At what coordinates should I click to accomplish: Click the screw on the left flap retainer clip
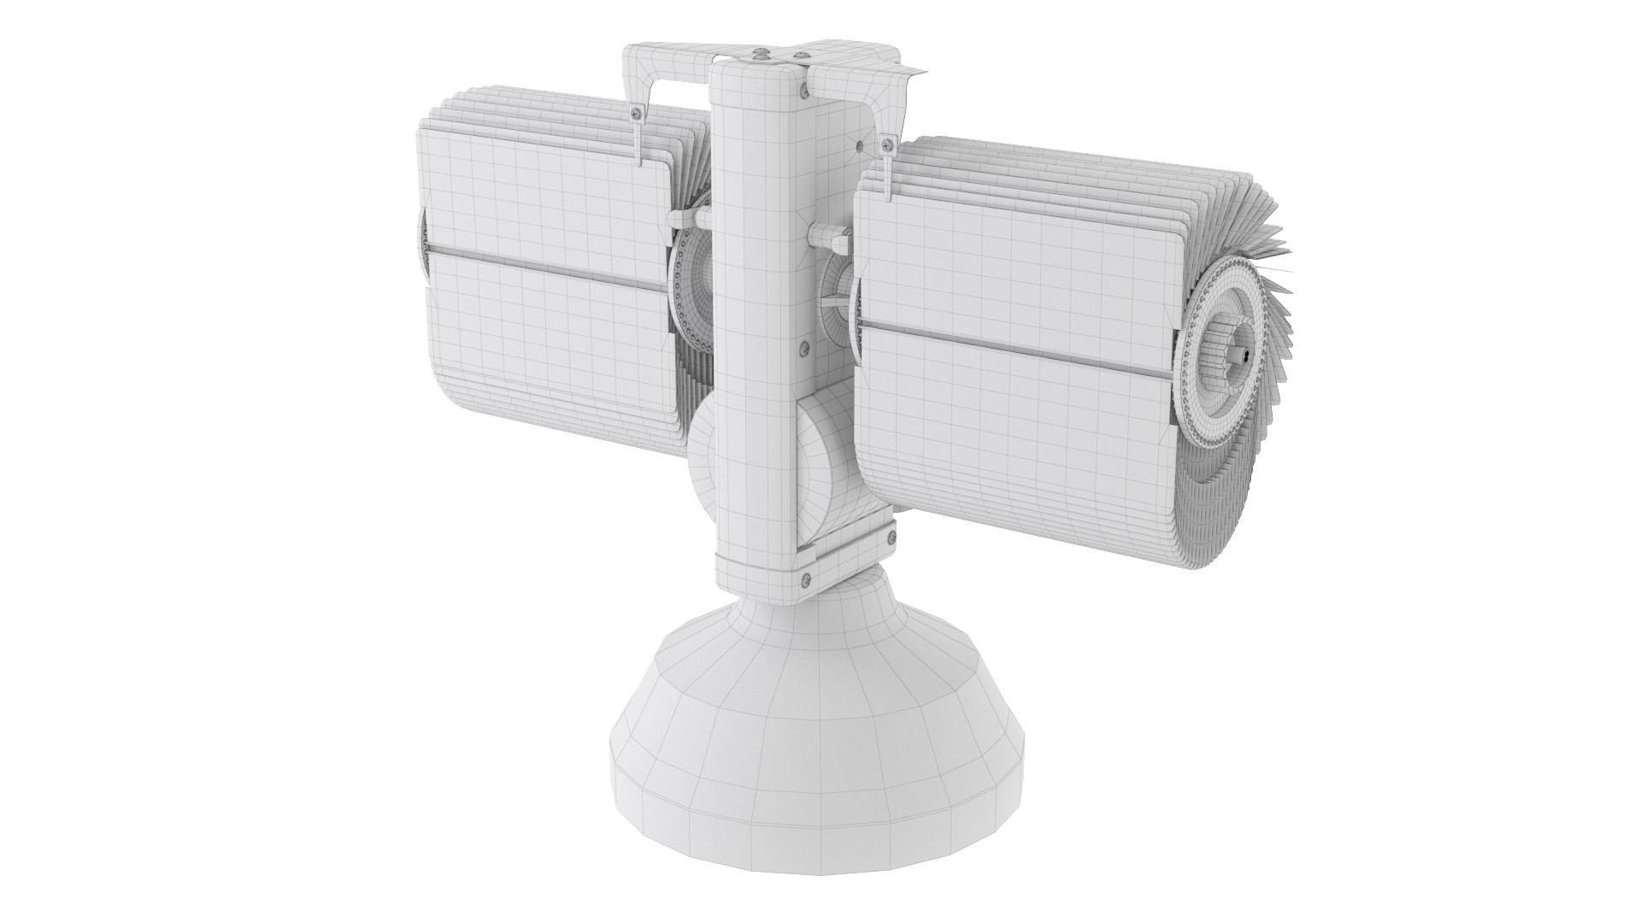636,114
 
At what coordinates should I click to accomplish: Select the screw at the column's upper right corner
804,91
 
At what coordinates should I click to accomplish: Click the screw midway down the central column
804,348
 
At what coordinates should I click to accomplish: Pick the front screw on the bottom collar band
806,580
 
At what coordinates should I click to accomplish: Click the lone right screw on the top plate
802,55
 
